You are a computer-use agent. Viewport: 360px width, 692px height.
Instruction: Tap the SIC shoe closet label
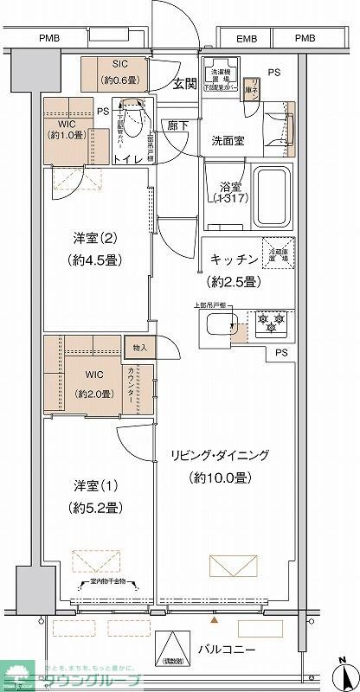pos(119,65)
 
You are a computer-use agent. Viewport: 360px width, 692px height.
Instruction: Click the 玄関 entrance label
pos(183,83)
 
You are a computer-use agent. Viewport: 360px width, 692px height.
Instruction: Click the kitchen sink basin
pos(222,327)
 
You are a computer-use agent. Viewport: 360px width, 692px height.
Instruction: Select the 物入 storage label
pos(140,348)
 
